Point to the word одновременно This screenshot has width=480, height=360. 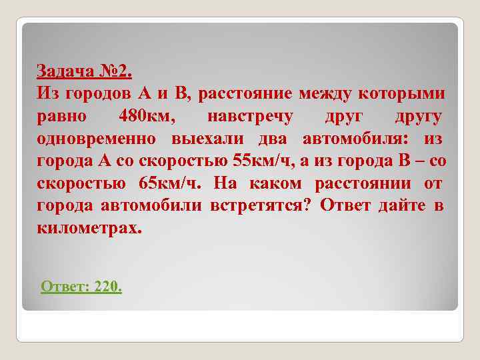tap(97, 139)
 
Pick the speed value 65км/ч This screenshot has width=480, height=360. tap(170, 183)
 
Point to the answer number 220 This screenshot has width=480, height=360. tap(108, 287)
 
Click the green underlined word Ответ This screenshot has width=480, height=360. tap(65, 287)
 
